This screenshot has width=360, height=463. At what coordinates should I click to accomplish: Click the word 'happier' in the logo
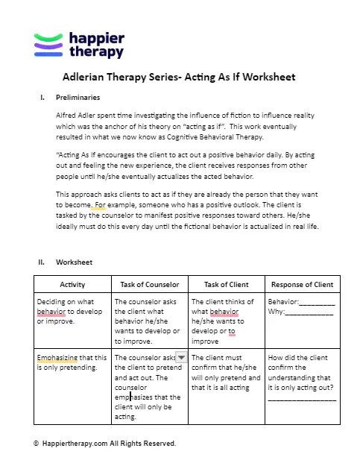pyautogui.click(x=96, y=38)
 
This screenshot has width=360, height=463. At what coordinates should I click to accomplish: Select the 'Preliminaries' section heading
pyautogui.click(x=78, y=98)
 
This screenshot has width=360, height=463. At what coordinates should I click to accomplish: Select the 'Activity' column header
pyautogui.click(x=72, y=285)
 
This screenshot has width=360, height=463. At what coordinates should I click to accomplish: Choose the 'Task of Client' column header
pyautogui.click(x=224, y=285)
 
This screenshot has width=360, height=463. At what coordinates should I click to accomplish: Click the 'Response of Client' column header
pyautogui.click(x=302, y=285)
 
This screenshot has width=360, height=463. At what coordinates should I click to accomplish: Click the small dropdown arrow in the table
pyautogui.click(x=180, y=358)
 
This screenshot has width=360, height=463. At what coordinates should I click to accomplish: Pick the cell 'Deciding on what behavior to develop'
pyautogui.click(x=72, y=311)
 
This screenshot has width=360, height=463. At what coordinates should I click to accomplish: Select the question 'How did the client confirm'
pyautogui.click(x=301, y=377)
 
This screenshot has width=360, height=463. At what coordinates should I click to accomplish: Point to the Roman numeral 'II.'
pyautogui.click(x=42, y=262)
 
